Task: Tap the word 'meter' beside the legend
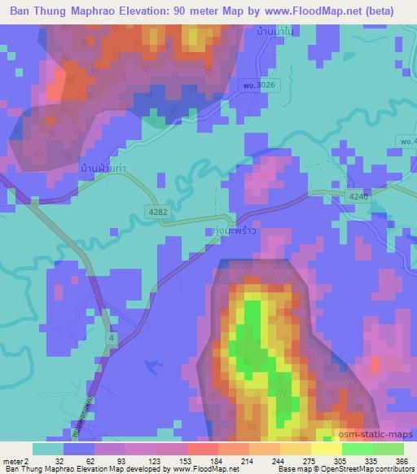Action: coord(11,460)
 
